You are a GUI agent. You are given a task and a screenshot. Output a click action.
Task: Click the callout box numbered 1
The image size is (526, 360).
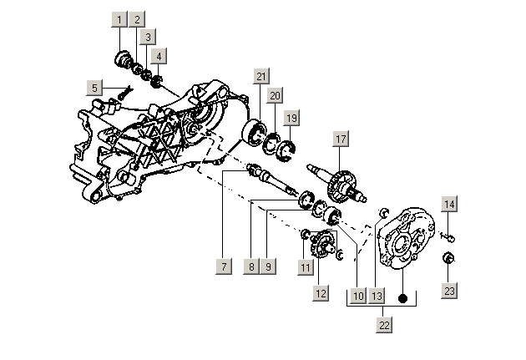pyautogui.click(x=120, y=19)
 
